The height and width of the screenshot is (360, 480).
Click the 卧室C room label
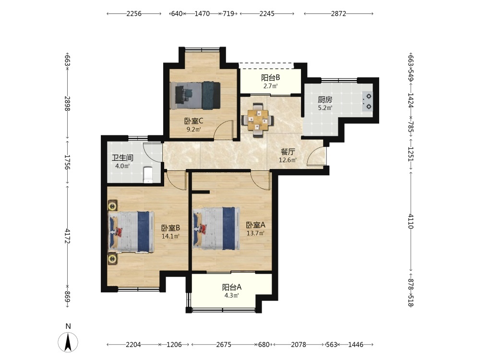pos(193,121)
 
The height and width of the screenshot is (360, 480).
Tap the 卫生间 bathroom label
pos(122,158)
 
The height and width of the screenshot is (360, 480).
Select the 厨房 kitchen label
pos(325,100)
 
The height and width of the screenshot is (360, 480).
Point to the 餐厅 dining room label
pos(288,152)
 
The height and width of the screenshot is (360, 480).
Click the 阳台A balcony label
pos(232,287)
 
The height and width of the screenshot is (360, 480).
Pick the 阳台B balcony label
pos(270,78)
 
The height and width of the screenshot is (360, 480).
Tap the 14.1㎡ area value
pos(170,236)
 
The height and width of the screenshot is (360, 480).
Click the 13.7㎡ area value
pos(256,233)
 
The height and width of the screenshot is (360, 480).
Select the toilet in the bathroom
pos(148,175)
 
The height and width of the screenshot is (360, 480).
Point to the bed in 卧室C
pos(195,95)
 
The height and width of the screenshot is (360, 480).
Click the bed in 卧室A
pos(216,228)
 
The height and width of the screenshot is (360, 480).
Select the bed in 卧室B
pos(131,232)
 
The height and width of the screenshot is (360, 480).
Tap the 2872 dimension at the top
pos(338,13)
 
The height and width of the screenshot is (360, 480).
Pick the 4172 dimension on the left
pos(68,236)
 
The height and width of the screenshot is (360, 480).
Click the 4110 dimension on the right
pos(411,221)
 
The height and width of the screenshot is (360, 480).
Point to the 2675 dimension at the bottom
pos(224,345)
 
